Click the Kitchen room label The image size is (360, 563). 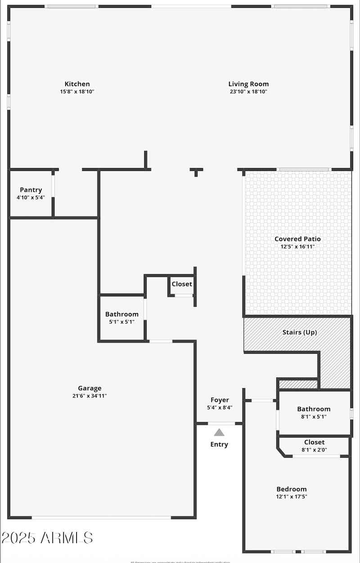click(77, 84)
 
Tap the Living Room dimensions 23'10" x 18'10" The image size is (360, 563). click(248, 92)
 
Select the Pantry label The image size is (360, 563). click(31, 190)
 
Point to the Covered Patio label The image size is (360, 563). click(297, 239)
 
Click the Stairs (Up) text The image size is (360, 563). click(299, 332)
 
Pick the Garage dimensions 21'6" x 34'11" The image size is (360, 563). click(90, 396)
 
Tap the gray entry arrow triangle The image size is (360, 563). click(219, 433)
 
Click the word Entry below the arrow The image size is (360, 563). click(219, 444)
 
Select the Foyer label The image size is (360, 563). click(220, 400)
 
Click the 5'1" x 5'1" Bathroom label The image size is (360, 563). click(121, 314)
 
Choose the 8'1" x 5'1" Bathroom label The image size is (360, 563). click(314, 409)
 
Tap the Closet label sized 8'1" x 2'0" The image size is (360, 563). click(314, 442)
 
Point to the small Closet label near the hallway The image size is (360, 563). click(182, 284)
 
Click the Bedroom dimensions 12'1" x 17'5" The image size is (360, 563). click(292, 497)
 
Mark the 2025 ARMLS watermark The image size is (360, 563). click(47, 537)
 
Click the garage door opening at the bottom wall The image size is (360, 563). click(101, 518)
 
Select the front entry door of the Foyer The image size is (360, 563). click(221, 423)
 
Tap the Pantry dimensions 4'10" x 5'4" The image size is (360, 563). click(31, 197)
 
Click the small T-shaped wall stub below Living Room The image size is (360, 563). click(196, 171)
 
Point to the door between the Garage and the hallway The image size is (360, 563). click(161, 341)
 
